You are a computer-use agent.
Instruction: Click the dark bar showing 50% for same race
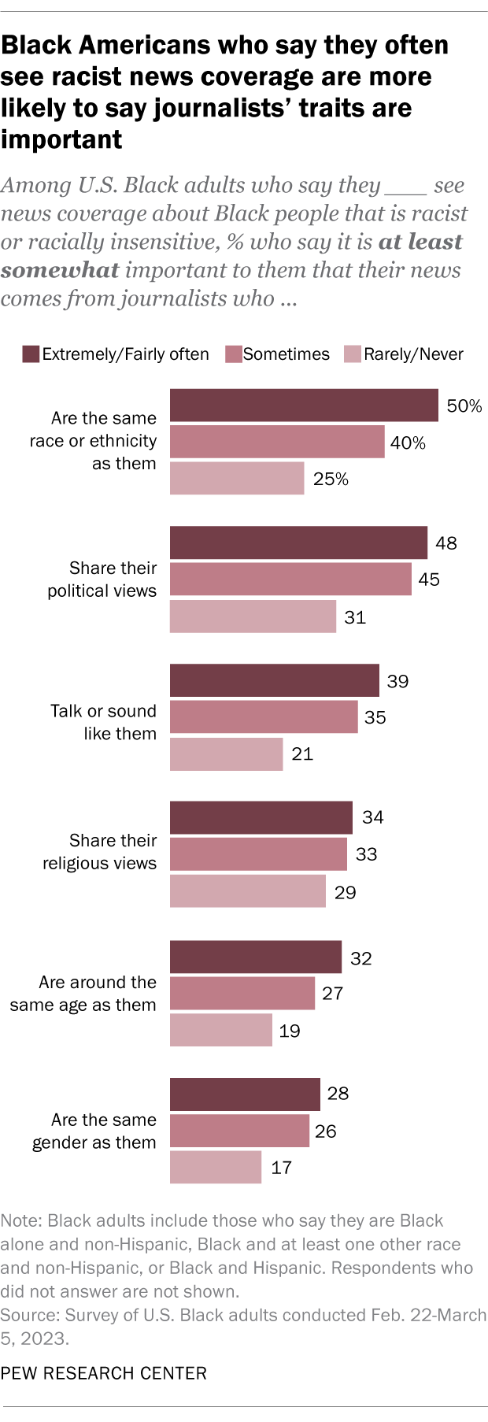[x=304, y=405]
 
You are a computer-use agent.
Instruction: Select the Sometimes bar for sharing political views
[x=290, y=579]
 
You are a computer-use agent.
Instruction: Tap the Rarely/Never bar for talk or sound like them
[x=226, y=754]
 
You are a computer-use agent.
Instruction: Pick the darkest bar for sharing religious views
[x=261, y=817]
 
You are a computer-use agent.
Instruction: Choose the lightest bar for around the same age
[x=220, y=1030]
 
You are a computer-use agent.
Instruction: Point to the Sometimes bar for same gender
[x=239, y=1131]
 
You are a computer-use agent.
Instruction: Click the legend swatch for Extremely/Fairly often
[x=31, y=354]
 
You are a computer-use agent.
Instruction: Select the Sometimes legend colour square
[x=232, y=354]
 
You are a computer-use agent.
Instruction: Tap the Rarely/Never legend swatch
[x=352, y=354]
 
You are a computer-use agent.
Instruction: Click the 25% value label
[x=331, y=479]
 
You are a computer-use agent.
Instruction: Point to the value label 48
[x=445, y=543]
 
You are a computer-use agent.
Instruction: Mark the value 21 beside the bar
[x=302, y=754]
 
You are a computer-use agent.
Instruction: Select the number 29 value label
[x=345, y=892]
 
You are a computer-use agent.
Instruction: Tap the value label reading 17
[x=281, y=1168]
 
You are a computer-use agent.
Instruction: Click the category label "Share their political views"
[x=102, y=580]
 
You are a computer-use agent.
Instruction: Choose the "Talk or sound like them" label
[x=104, y=722]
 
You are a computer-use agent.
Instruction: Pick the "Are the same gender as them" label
[x=94, y=1131]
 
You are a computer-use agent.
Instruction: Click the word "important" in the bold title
[x=61, y=139]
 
